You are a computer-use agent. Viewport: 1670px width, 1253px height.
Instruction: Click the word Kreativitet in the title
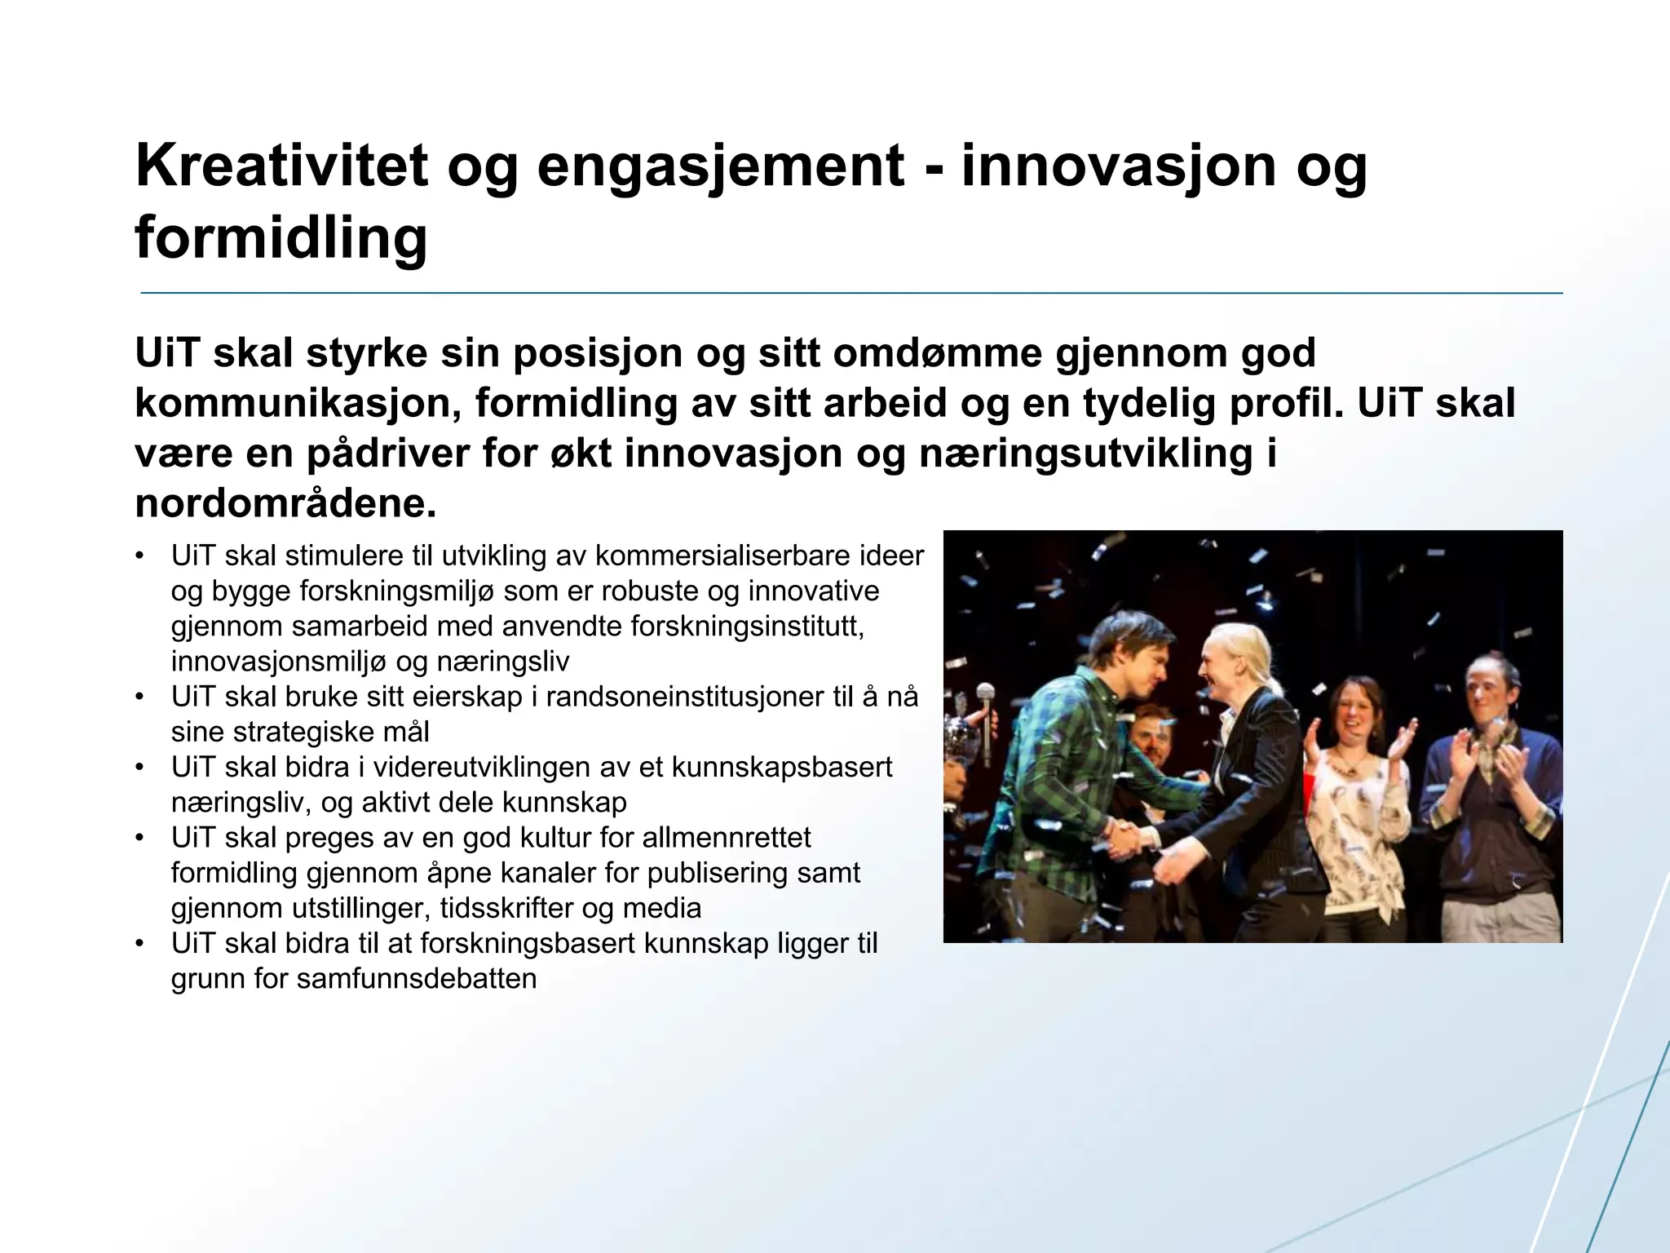tap(281, 166)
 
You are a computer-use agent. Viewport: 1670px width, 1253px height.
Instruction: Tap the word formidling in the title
tap(281, 239)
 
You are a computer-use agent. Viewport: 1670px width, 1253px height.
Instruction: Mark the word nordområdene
tap(285, 504)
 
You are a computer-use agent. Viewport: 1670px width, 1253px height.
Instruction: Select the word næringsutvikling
tap(1085, 454)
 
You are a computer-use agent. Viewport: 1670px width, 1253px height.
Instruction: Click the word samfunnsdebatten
tap(416, 979)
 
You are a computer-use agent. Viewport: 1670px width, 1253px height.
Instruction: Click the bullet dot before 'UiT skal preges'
tap(140, 838)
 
